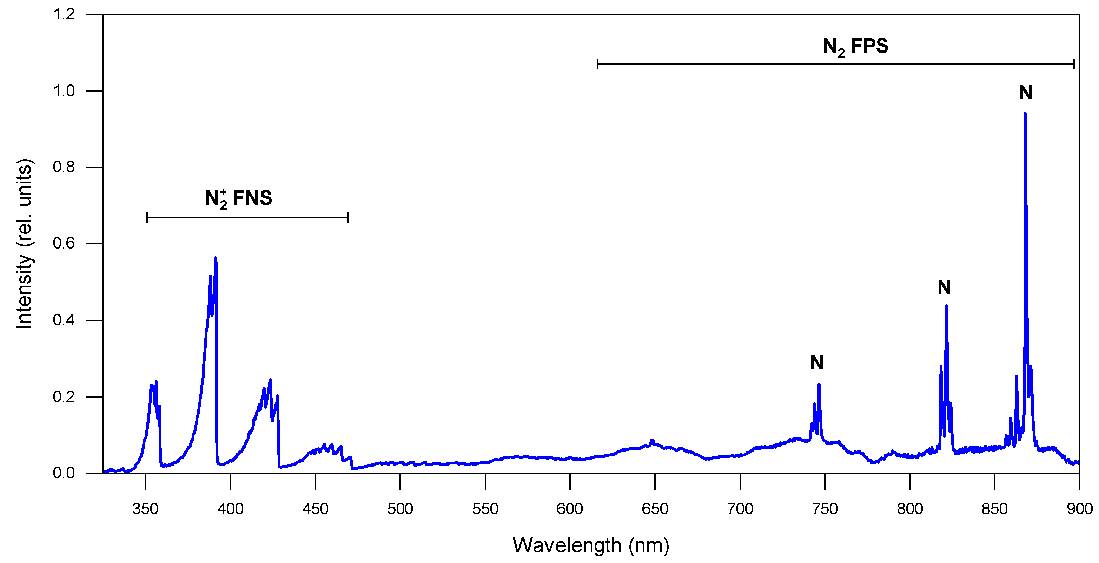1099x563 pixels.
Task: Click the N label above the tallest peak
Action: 1026,93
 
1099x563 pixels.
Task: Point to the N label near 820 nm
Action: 944,287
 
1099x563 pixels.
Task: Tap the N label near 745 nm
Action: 816,363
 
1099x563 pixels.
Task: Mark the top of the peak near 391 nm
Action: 216,258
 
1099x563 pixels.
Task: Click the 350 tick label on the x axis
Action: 145,509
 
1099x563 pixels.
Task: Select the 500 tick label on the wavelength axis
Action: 400,509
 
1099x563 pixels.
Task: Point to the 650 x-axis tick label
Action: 655,509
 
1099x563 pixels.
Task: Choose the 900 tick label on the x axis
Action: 1079,509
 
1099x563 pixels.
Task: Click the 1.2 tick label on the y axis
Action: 64,14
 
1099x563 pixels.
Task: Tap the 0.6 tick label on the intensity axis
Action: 64,243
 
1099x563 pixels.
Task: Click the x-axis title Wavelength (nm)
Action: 591,545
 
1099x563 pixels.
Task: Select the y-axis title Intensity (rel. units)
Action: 24,243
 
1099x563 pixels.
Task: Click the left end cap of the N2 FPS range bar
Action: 598,65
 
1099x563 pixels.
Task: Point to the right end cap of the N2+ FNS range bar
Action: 348,218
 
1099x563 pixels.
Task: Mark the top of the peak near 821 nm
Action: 946,306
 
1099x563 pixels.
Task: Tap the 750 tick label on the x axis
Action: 825,509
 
